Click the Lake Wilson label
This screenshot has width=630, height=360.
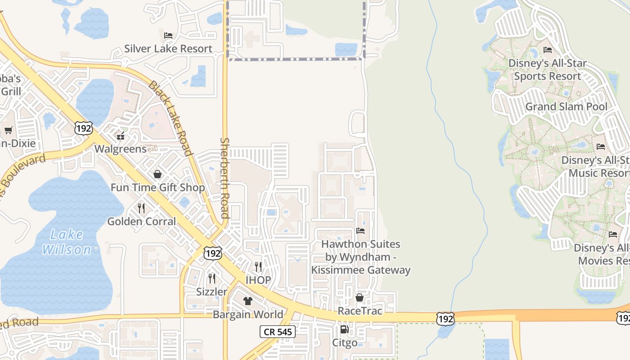(67, 242)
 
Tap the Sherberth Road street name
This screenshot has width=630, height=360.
(225, 178)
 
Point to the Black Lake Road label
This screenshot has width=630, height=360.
(171, 118)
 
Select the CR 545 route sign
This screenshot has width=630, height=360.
(278, 332)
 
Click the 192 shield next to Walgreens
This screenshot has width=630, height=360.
(84, 128)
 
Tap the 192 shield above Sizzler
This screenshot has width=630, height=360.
(212, 253)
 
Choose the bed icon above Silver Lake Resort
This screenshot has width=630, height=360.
(168, 35)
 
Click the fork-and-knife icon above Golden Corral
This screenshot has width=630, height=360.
(141, 208)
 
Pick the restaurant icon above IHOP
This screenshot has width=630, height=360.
(258, 267)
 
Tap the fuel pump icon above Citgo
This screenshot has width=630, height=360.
(344, 329)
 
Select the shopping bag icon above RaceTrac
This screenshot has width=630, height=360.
(360, 297)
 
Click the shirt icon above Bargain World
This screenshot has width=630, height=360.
(248, 301)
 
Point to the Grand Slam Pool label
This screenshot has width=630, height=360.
(566, 107)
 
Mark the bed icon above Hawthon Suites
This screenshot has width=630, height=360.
(360, 231)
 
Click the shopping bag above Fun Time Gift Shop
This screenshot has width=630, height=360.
(157, 174)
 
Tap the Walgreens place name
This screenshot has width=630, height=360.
(120, 148)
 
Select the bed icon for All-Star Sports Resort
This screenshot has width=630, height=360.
(548, 50)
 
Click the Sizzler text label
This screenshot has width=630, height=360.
(211, 292)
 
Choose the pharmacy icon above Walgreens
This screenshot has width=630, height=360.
(120, 135)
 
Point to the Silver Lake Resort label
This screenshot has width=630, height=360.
(168, 49)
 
